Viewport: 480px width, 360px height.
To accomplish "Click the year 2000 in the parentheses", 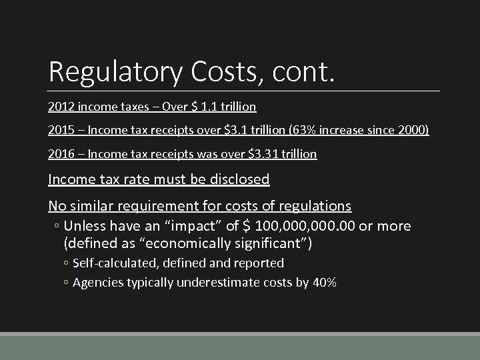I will click(x=413, y=130).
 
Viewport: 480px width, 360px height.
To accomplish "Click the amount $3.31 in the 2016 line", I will click(x=261, y=154).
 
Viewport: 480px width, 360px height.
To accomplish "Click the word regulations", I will click(x=310, y=206).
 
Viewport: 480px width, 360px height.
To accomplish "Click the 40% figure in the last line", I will click(x=323, y=282).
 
